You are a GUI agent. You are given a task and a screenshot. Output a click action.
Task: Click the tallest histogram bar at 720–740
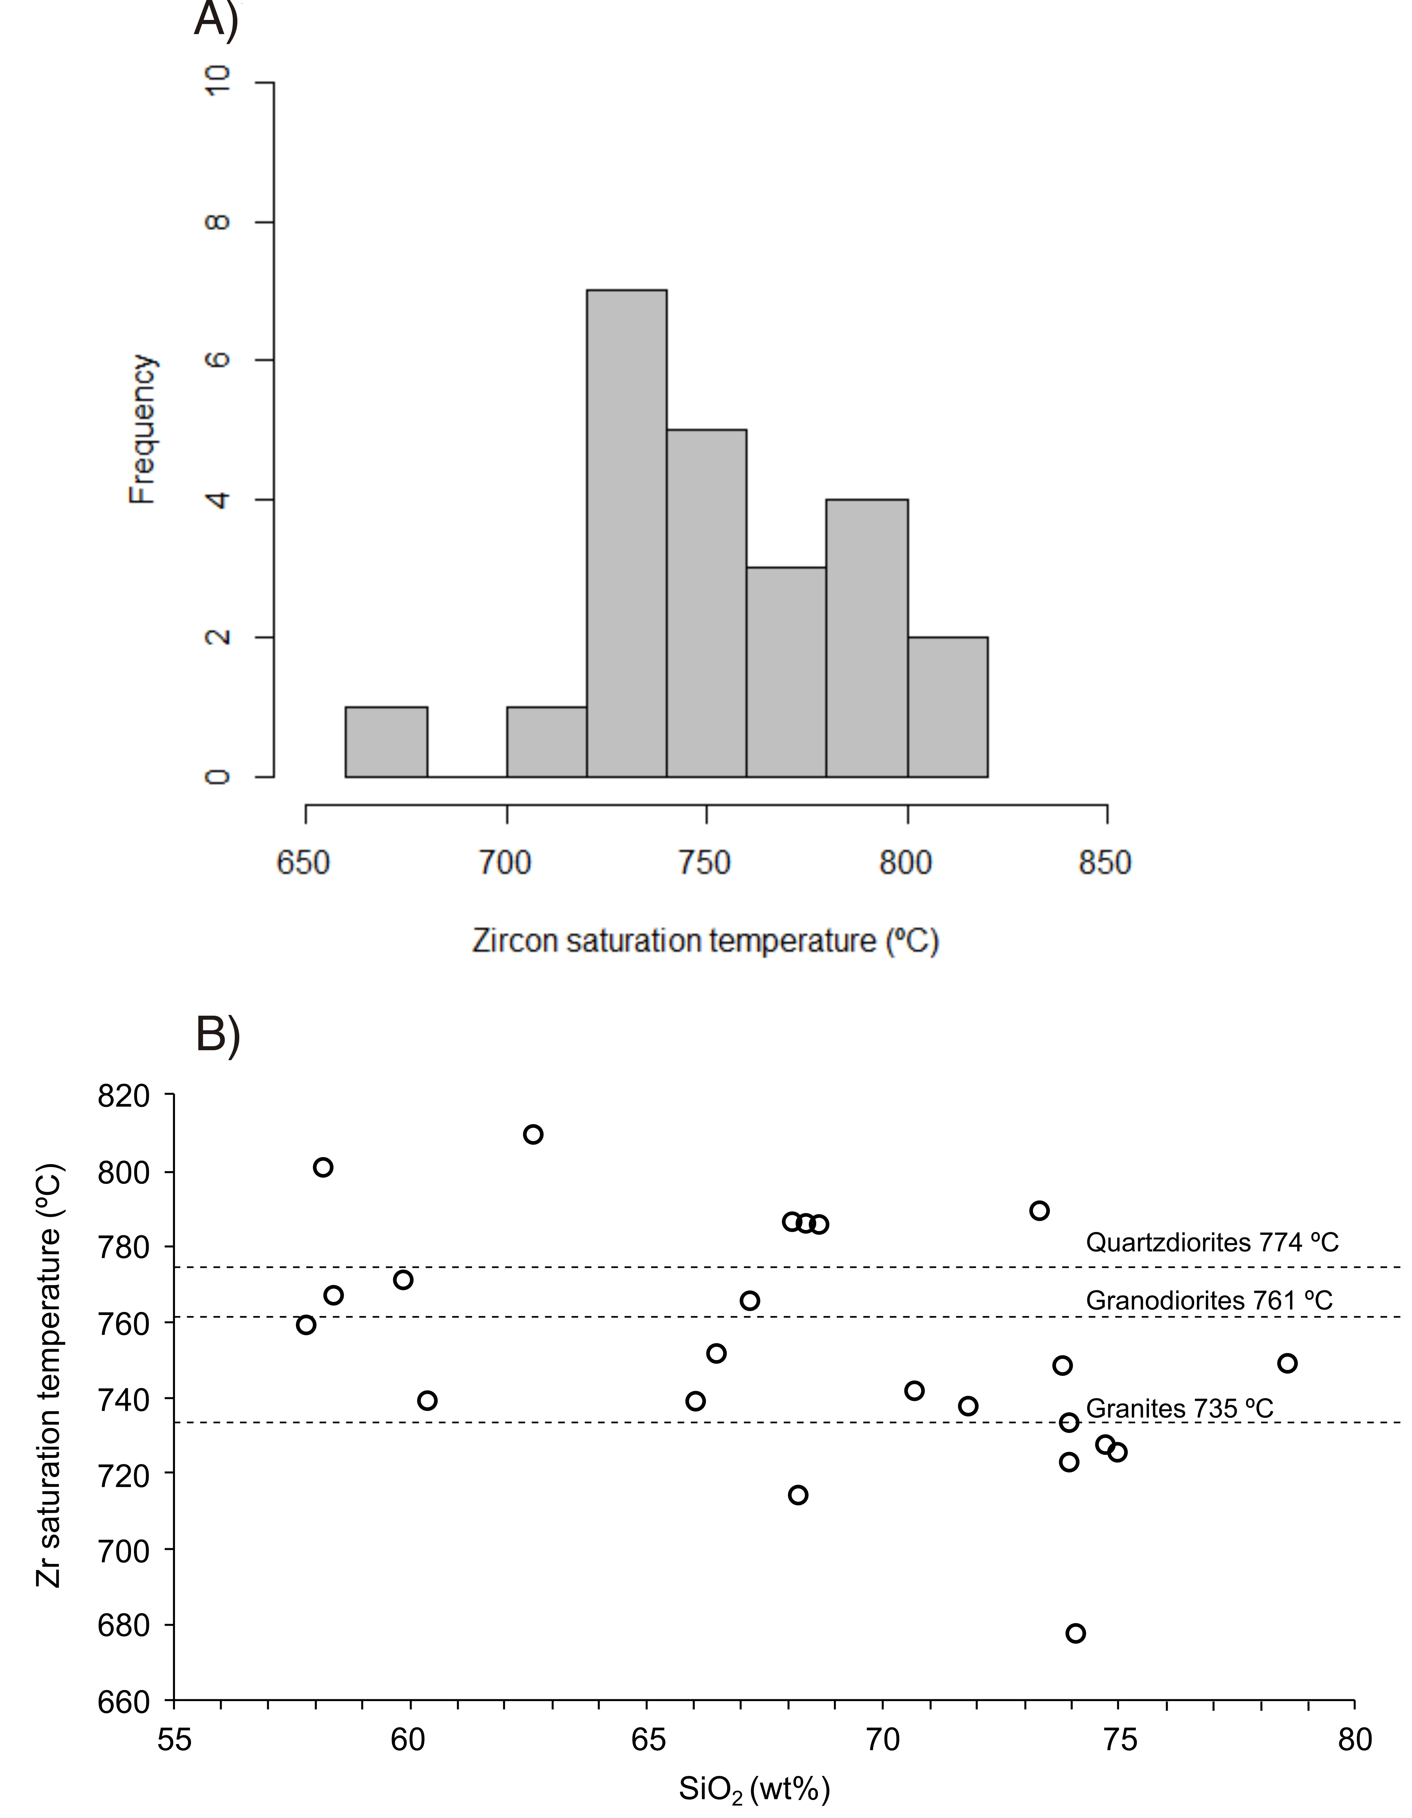coord(626,533)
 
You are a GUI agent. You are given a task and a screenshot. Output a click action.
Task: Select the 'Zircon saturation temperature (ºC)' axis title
coord(706,941)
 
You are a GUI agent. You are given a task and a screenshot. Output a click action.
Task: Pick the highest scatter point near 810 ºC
coord(533,1134)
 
